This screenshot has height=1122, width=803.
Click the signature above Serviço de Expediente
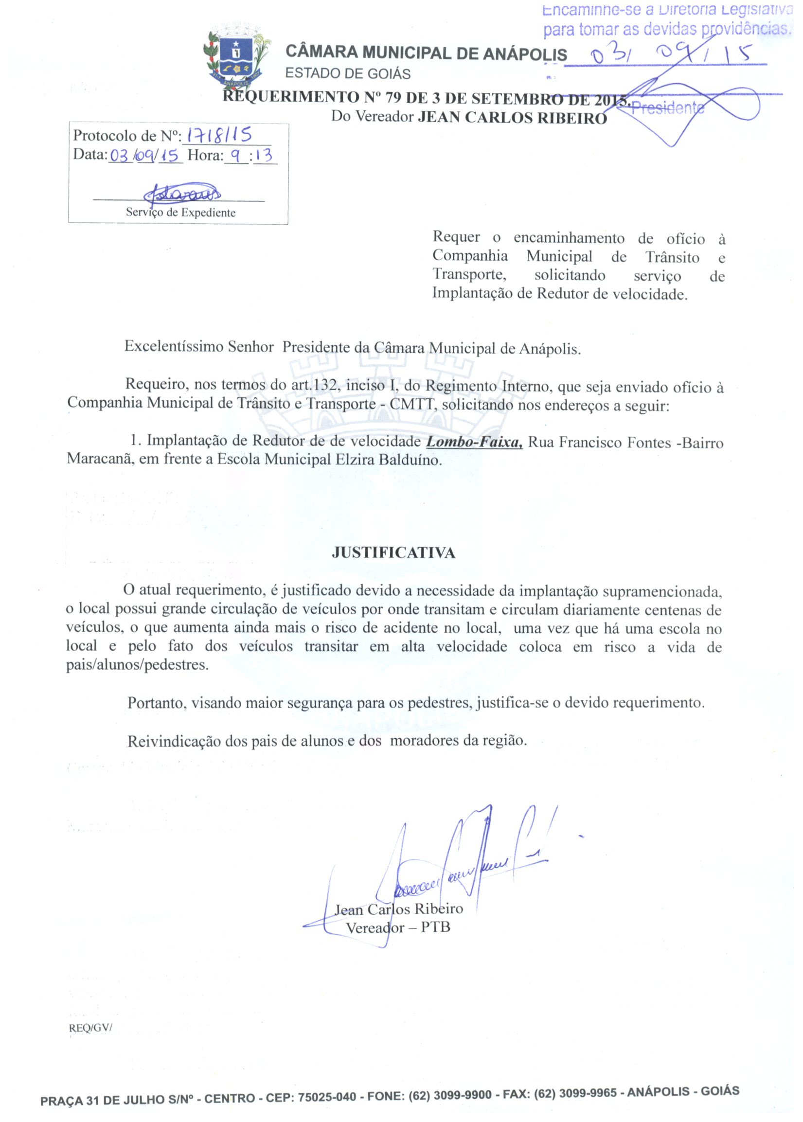(x=182, y=193)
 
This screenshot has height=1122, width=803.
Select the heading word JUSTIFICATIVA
(x=393, y=552)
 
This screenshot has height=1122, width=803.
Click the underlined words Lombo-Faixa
(x=474, y=442)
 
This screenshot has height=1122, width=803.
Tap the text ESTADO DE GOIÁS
(x=348, y=73)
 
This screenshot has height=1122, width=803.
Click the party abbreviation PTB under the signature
(x=435, y=926)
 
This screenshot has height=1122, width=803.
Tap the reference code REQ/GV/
(x=90, y=1028)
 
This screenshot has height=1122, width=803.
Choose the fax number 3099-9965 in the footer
(x=589, y=1093)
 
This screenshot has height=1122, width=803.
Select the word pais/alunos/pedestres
(x=138, y=665)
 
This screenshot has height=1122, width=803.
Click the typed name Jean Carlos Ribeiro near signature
(x=398, y=909)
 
